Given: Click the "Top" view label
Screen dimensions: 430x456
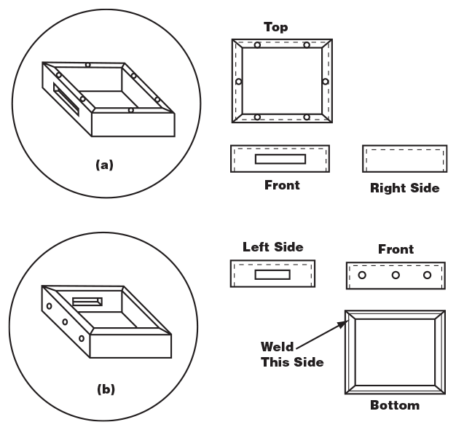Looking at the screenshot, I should (x=275, y=28).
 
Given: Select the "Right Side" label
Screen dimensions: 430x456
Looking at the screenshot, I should (x=404, y=188).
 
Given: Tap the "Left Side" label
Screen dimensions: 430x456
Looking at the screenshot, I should (x=273, y=248).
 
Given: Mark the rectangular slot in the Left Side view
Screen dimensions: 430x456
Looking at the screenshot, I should (x=272, y=275).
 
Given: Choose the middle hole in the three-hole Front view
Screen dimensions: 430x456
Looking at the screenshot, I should (x=395, y=275).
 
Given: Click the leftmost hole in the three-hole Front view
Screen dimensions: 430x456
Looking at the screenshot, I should (x=362, y=275).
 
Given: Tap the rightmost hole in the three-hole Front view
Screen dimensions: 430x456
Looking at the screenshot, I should (x=428, y=275).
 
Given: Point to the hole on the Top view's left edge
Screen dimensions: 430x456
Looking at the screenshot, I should (x=237, y=81).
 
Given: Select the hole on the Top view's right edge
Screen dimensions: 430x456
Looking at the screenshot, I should (x=325, y=81).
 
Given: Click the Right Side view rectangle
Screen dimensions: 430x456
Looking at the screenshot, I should (x=404, y=159).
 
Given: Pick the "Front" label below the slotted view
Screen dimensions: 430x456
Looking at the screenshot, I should (x=281, y=185).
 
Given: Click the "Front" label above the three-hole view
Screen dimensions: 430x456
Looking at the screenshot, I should (x=396, y=249).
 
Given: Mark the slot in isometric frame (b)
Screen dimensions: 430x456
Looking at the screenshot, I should (x=87, y=301).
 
